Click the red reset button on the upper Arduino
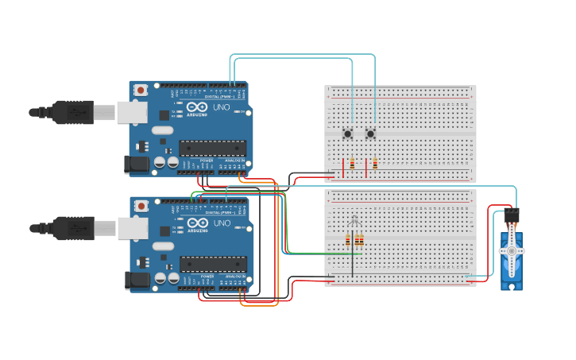pos(141,90)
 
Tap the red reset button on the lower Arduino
pos(141,206)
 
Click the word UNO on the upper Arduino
pos(222,106)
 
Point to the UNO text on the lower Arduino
pos(222,223)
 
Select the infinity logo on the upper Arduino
pos(197,106)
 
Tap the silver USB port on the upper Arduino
pos(132,112)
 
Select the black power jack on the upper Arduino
pos(137,165)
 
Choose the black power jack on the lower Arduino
pos(137,281)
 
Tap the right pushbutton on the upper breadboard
pos(371,134)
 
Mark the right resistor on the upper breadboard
pos(375,165)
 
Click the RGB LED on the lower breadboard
pos(354,223)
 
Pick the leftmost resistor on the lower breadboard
pos(348,239)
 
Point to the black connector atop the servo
pos(512,215)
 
